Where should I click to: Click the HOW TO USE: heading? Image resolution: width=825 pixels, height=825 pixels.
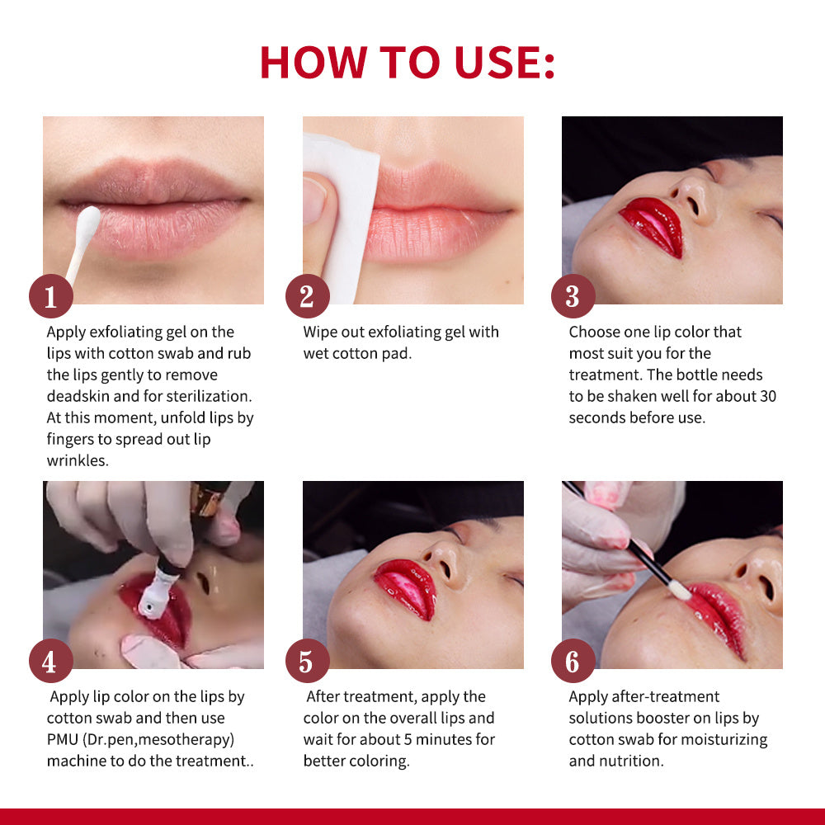tap(408, 61)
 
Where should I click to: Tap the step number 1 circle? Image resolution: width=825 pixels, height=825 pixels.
tap(50, 296)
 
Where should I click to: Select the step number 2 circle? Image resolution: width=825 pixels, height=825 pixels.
tap(307, 296)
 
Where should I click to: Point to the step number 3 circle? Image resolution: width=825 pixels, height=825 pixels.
tap(573, 296)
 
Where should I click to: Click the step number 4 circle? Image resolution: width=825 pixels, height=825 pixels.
tap(50, 661)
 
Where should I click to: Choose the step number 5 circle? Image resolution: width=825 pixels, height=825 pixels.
tap(307, 661)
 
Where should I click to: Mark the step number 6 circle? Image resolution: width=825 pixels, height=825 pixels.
tap(573, 661)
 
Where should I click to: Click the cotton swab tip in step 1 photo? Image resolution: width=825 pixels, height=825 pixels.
tap(88, 220)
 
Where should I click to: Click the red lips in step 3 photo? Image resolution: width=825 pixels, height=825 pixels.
tap(653, 225)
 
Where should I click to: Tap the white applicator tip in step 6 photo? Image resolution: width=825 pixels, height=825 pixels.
tap(680, 588)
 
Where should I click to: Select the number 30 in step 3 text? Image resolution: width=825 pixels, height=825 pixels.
tap(766, 396)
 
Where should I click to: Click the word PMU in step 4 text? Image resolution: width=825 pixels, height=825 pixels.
tap(64, 739)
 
